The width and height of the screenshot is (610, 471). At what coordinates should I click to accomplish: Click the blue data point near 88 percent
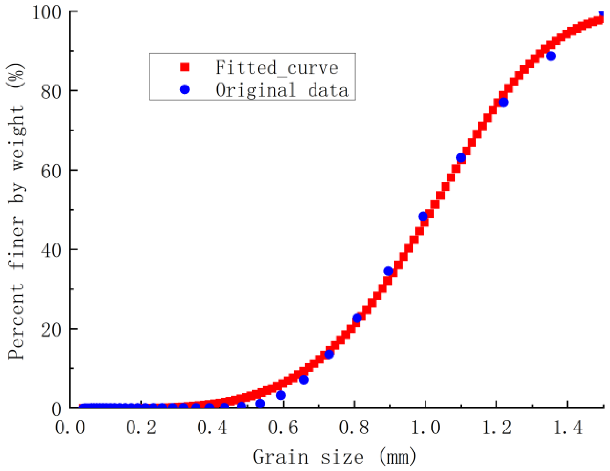(551, 56)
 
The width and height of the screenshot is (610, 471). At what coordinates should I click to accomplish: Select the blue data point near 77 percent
(504, 102)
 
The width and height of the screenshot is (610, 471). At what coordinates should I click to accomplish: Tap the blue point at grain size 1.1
(461, 158)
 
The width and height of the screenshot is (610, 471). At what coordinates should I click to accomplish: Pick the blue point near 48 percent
(423, 216)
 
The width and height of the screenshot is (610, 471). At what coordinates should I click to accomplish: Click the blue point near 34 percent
(388, 271)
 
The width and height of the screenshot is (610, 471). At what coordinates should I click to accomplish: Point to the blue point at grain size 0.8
(357, 318)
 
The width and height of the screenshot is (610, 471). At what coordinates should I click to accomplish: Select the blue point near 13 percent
(329, 354)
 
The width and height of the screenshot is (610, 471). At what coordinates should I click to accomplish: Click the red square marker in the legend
(185, 67)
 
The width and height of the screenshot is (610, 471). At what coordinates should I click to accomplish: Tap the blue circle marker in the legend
(185, 90)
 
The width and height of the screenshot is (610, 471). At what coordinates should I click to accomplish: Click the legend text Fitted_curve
(277, 68)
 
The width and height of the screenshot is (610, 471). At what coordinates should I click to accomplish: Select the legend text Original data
(282, 90)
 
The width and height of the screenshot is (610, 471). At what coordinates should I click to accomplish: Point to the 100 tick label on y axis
(47, 13)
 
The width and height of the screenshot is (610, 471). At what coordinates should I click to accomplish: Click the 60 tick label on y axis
(51, 171)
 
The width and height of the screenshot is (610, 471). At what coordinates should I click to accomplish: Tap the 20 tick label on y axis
(51, 330)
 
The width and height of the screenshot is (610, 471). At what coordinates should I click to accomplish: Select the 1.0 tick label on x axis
(425, 428)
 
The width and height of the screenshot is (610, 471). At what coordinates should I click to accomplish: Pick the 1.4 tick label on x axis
(567, 428)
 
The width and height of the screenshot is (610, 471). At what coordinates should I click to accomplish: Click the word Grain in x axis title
(281, 457)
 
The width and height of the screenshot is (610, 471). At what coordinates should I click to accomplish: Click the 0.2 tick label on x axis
(141, 428)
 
